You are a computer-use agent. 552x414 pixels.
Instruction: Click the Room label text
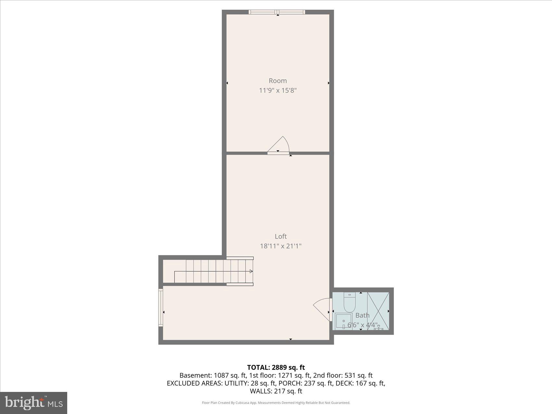[278, 81]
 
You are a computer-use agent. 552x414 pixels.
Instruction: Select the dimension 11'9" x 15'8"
[278, 90]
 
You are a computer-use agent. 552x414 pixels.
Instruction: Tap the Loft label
[281, 236]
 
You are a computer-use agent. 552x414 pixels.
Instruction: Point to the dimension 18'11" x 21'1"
[281, 246]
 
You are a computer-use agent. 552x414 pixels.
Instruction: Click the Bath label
[362, 315]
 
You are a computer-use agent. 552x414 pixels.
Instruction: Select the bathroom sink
[344, 321]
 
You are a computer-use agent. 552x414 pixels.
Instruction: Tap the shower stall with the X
[378, 311]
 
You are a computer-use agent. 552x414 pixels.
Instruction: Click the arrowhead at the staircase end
[251, 271]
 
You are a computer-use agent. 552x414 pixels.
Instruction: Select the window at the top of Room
[277, 12]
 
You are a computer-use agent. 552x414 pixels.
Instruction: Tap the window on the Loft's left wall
[160, 307]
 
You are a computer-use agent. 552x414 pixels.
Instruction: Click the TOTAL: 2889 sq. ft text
[276, 367]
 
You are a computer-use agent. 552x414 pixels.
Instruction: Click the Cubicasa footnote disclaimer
[276, 403]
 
